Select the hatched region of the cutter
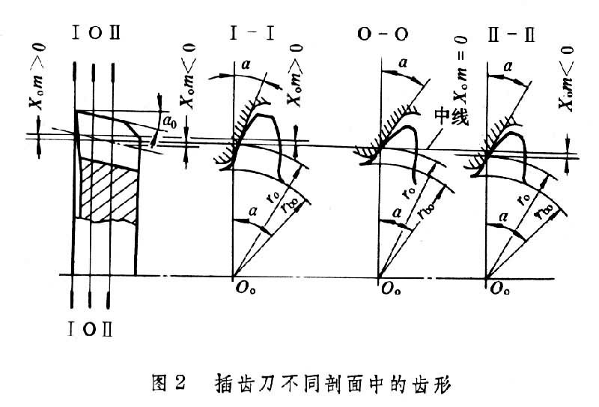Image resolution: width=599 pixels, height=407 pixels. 108,190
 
